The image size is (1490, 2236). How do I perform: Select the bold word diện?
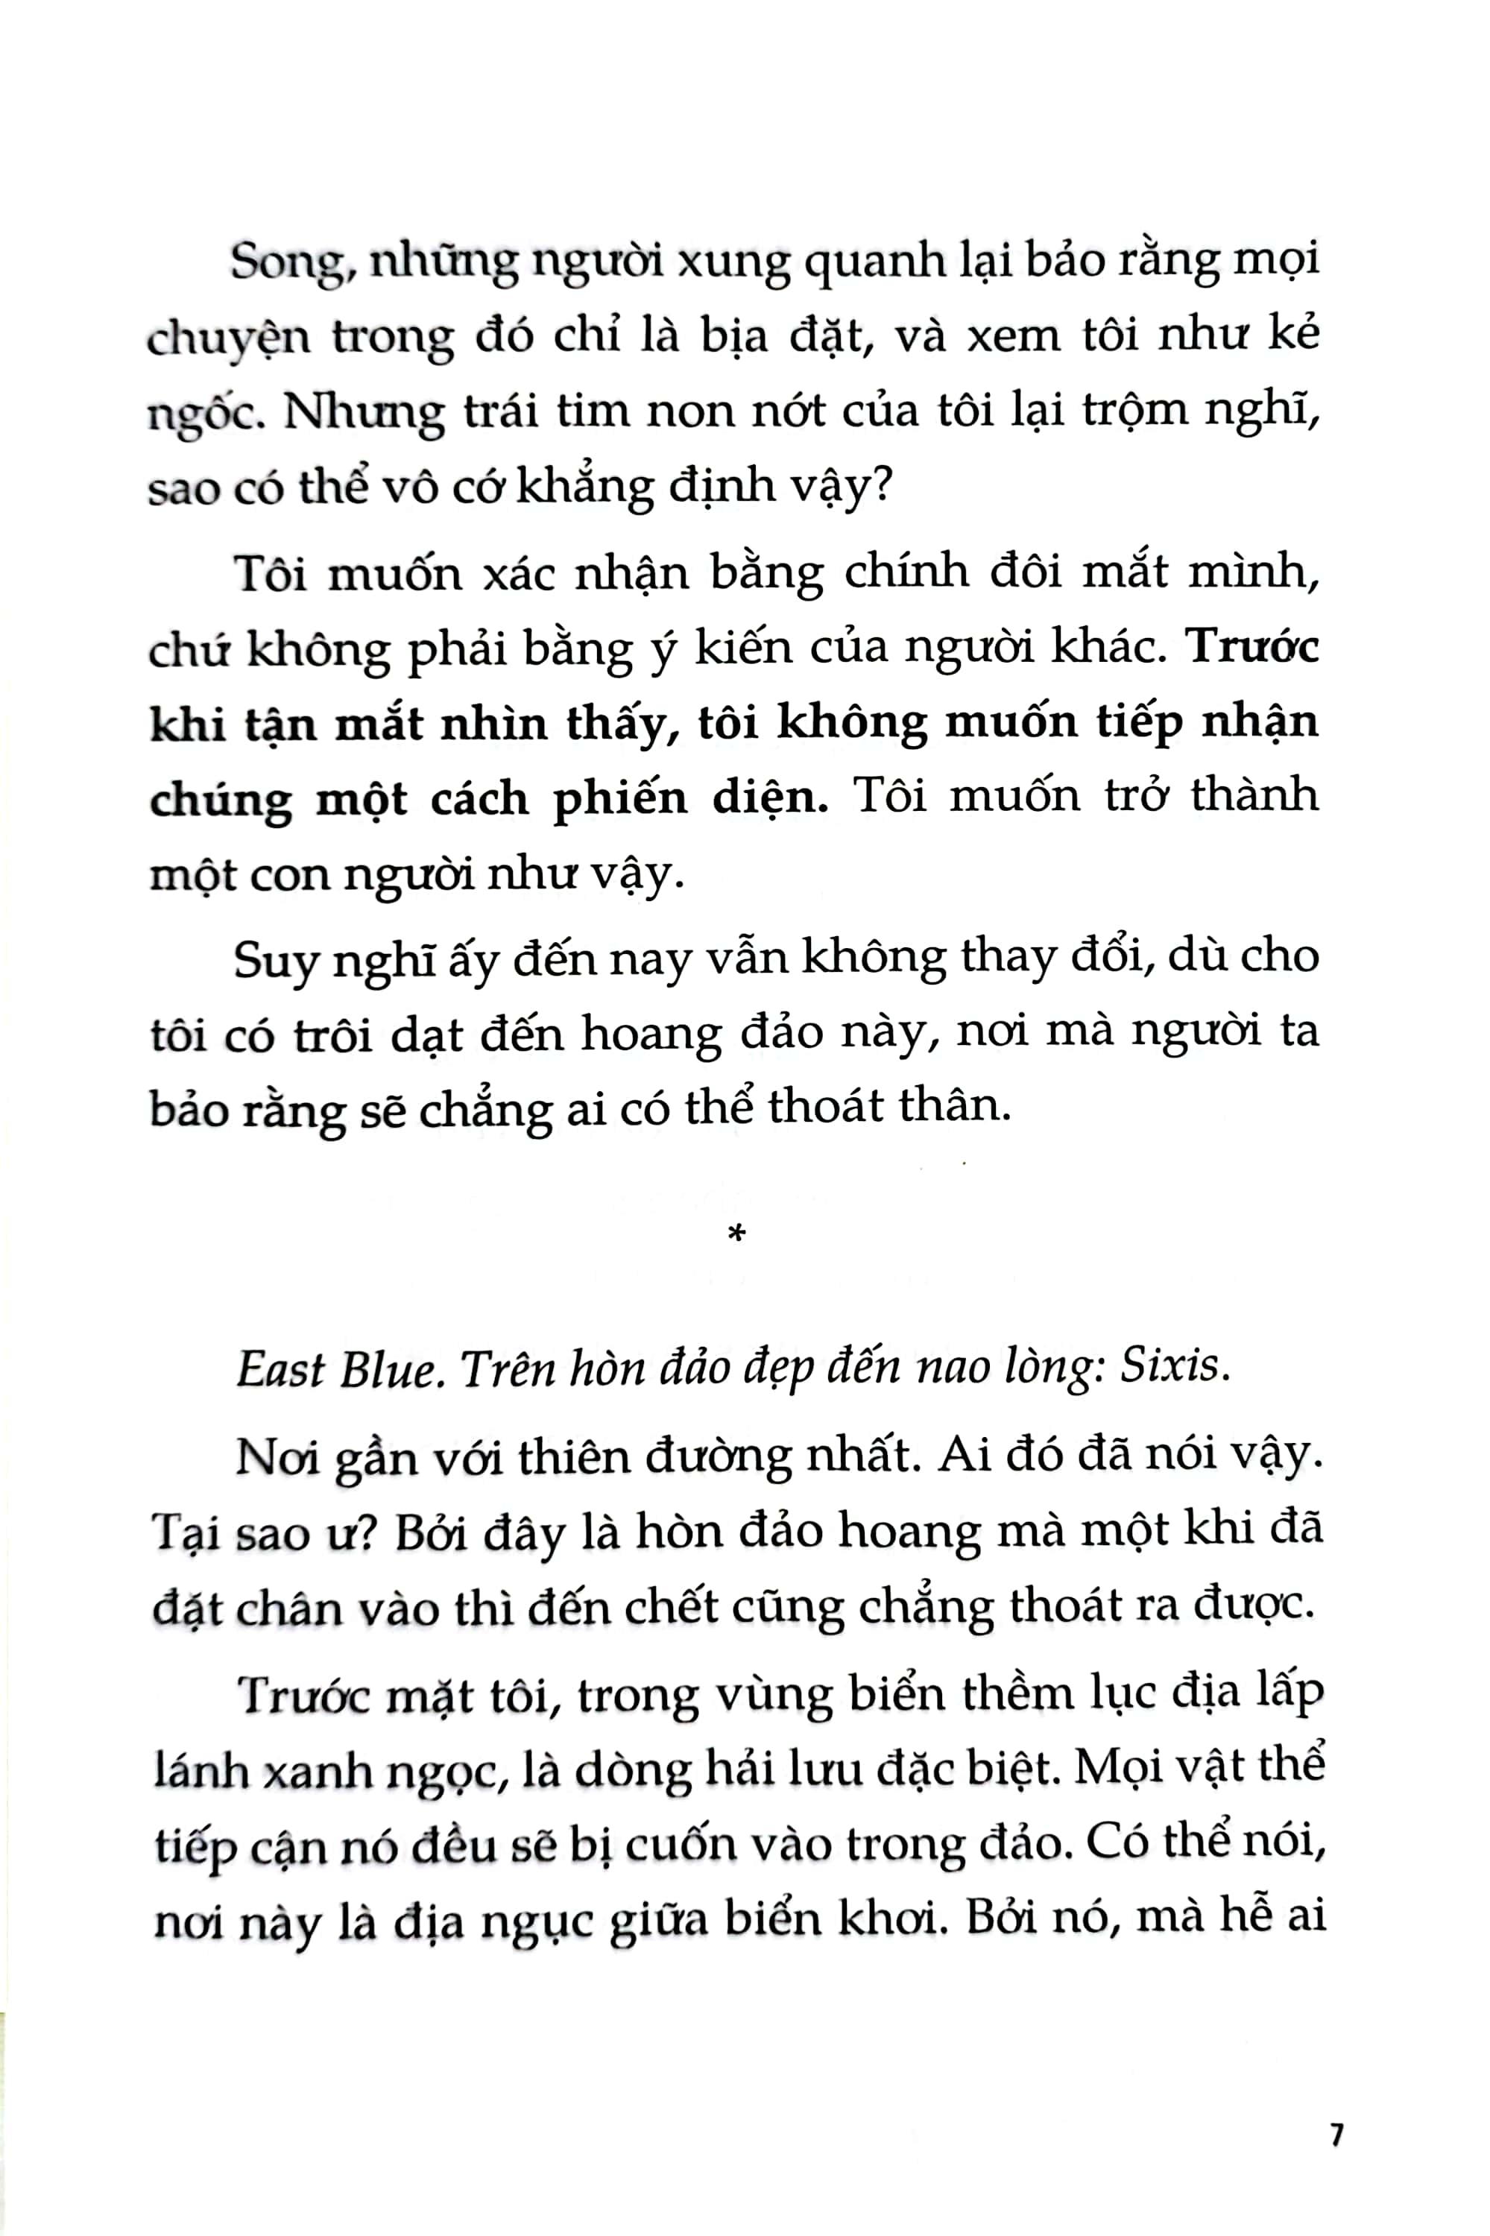(772, 798)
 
